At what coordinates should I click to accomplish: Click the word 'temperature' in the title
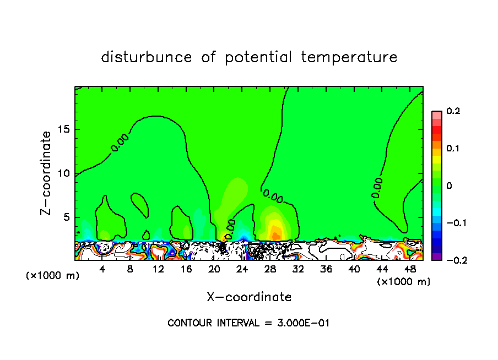(350, 57)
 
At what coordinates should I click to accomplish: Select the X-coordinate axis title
(249, 297)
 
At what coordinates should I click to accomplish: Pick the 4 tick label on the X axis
(102, 270)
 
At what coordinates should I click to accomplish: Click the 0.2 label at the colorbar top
(453, 111)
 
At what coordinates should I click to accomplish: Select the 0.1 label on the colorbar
(453, 149)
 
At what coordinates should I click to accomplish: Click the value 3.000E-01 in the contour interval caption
(304, 323)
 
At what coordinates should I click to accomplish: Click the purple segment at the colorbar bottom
(437, 256)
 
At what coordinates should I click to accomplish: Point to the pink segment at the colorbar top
(437, 115)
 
